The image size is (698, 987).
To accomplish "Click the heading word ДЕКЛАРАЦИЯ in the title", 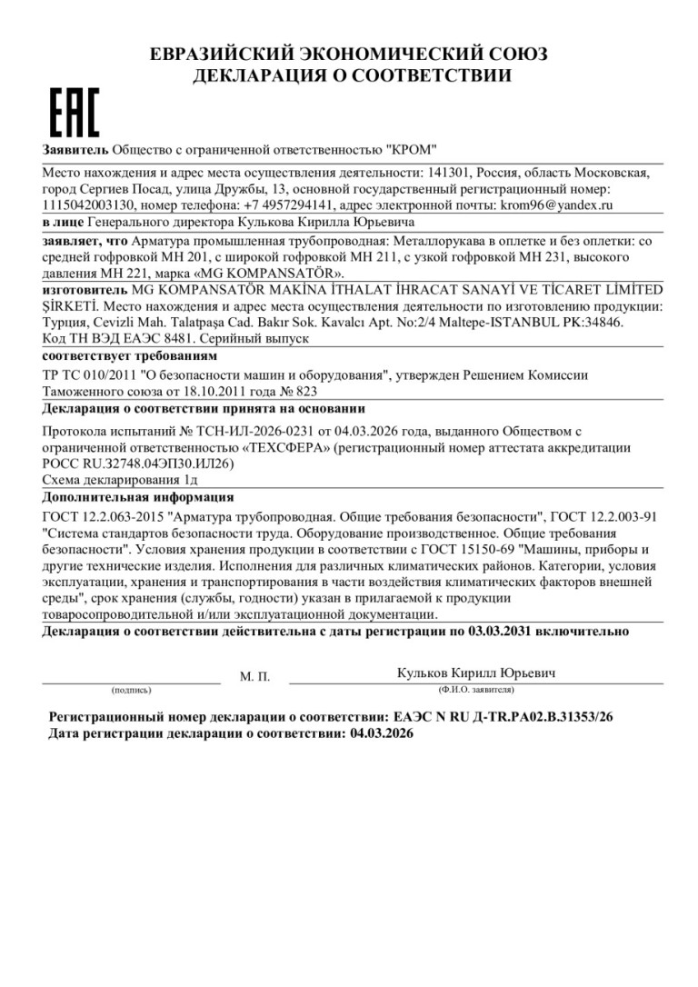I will point(250,76).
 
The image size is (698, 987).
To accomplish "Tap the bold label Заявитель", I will point(75,149).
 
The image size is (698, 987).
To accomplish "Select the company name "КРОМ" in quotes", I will point(412,149).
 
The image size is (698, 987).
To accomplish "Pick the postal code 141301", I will point(443,173).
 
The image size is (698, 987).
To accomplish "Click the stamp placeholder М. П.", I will point(254,677).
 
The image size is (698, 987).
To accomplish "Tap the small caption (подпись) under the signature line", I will point(132,691).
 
